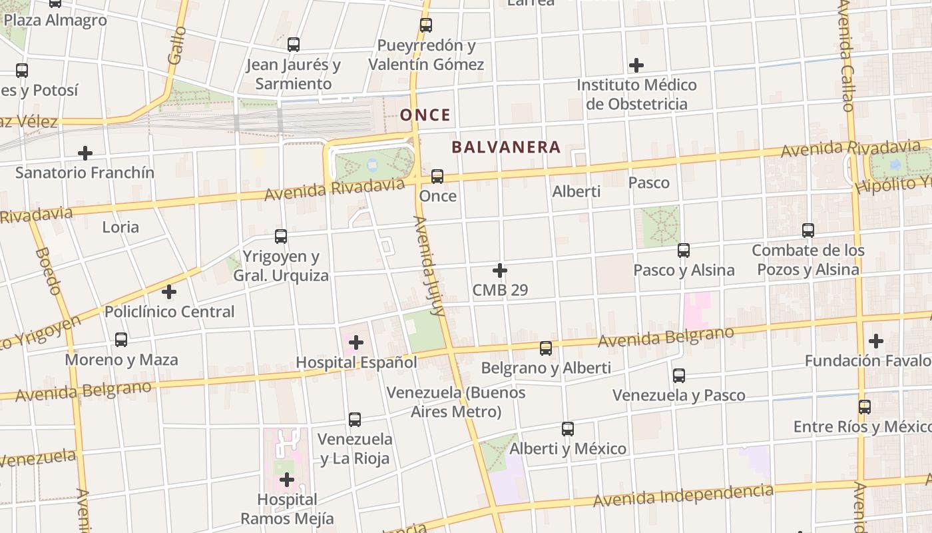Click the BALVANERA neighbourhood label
tap(506, 147)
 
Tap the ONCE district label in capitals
tap(425, 115)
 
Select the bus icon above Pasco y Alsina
tap(684, 251)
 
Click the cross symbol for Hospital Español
tap(356, 342)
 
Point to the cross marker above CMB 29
tap(500, 270)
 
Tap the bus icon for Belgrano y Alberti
tap(546, 348)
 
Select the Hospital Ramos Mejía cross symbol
tap(287, 479)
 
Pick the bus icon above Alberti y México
tap(568, 429)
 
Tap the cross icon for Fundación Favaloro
tap(876, 341)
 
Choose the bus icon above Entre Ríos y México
tap(865, 406)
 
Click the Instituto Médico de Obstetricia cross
tap(636, 65)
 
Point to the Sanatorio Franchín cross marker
tap(85, 153)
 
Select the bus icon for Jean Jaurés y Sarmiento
tap(294, 45)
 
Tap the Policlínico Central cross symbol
tap(169, 292)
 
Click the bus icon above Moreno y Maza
tap(121, 340)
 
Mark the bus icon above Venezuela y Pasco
tap(679, 376)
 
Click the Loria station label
tap(120, 227)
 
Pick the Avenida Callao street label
tap(845, 57)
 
